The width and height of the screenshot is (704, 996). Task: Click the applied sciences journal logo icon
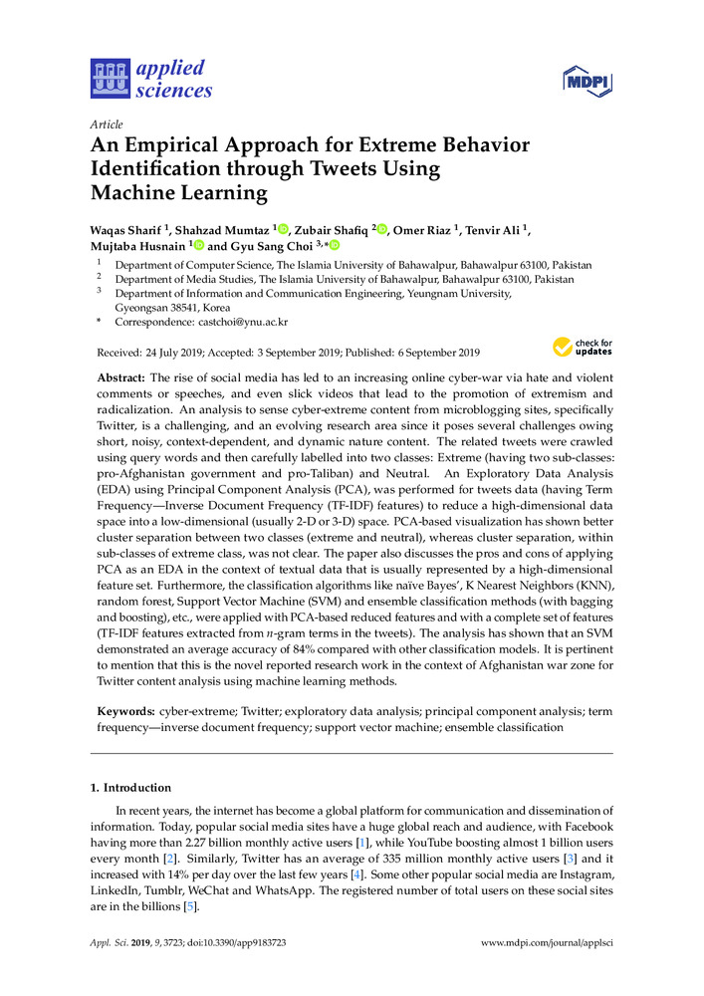(x=110, y=80)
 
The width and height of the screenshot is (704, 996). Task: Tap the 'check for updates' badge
(x=583, y=347)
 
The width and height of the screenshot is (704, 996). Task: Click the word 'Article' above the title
(x=106, y=124)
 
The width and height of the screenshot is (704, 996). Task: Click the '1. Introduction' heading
(x=130, y=788)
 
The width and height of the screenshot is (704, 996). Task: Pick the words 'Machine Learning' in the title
(x=180, y=191)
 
